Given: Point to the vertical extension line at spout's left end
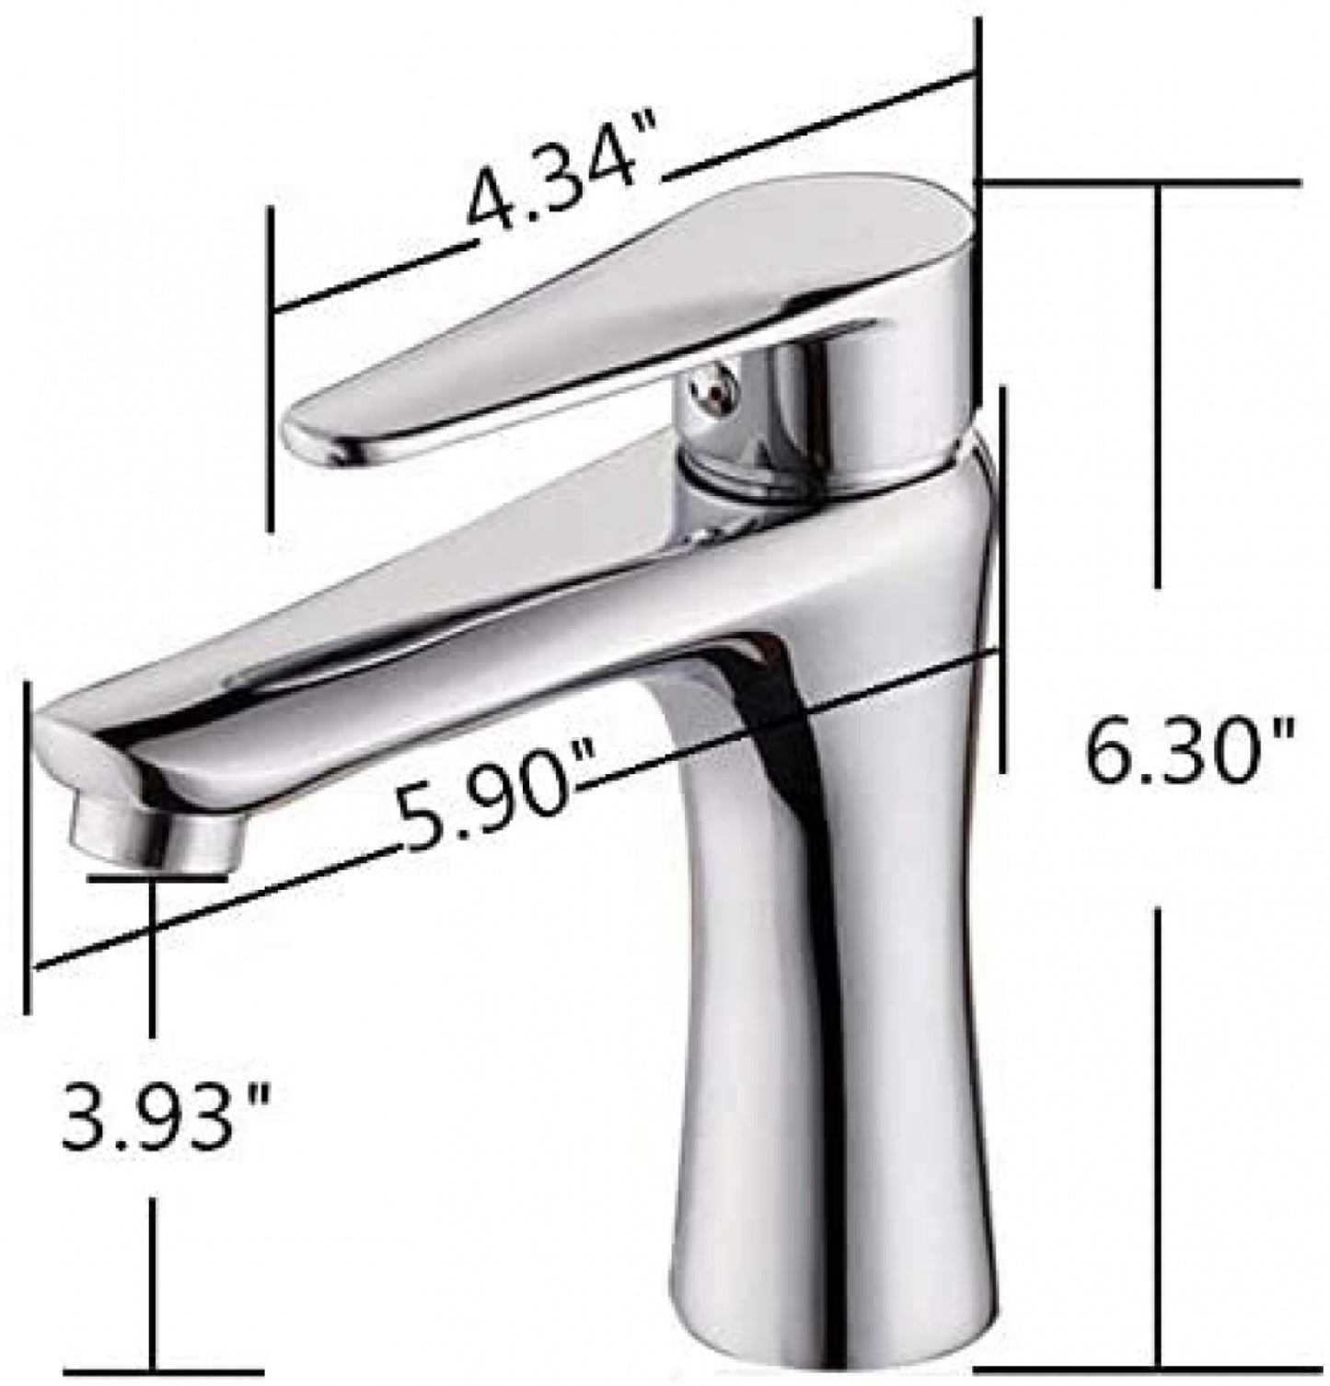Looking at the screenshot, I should click(28, 847).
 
